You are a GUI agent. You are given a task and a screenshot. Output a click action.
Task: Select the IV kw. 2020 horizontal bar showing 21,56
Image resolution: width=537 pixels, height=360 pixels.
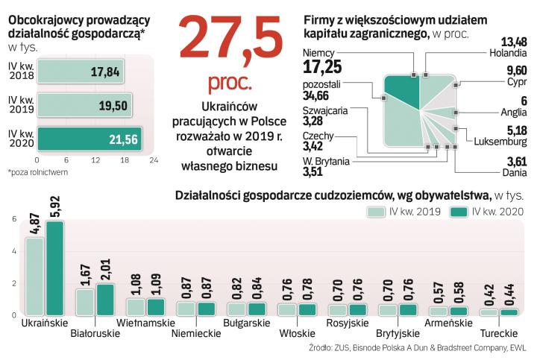[89, 138]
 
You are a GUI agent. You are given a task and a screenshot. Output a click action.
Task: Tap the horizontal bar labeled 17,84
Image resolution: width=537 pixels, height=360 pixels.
[81, 72]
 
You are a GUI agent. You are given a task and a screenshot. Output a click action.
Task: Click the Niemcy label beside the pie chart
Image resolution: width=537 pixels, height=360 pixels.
[318, 53]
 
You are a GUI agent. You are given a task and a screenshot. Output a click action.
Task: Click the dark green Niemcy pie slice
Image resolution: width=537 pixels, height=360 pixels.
[401, 93]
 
